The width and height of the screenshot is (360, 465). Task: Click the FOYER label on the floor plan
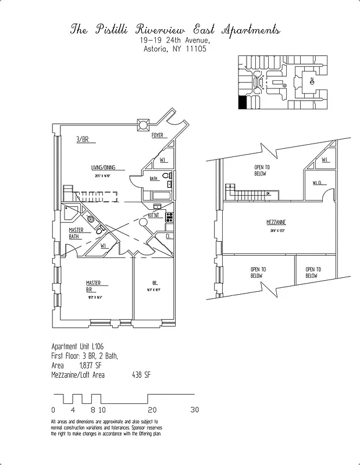(157, 135)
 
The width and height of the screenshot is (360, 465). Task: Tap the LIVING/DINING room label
(103, 167)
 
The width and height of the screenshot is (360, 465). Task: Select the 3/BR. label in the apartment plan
(83, 140)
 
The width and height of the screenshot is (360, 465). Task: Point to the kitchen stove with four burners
(169, 218)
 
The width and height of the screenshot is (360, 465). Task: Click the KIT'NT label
(154, 215)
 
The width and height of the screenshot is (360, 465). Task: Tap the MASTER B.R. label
(93, 286)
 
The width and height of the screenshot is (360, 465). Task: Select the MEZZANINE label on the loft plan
(276, 223)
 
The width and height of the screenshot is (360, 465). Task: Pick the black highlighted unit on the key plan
(243, 103)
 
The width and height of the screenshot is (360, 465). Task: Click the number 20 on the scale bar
(152, 410)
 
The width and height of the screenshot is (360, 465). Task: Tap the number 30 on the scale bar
(194, 410)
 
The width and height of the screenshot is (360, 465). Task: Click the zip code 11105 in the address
(194, 49)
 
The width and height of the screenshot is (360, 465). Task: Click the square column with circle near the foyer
(143, 124)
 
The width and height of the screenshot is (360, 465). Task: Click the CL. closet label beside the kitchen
(168, 237)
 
